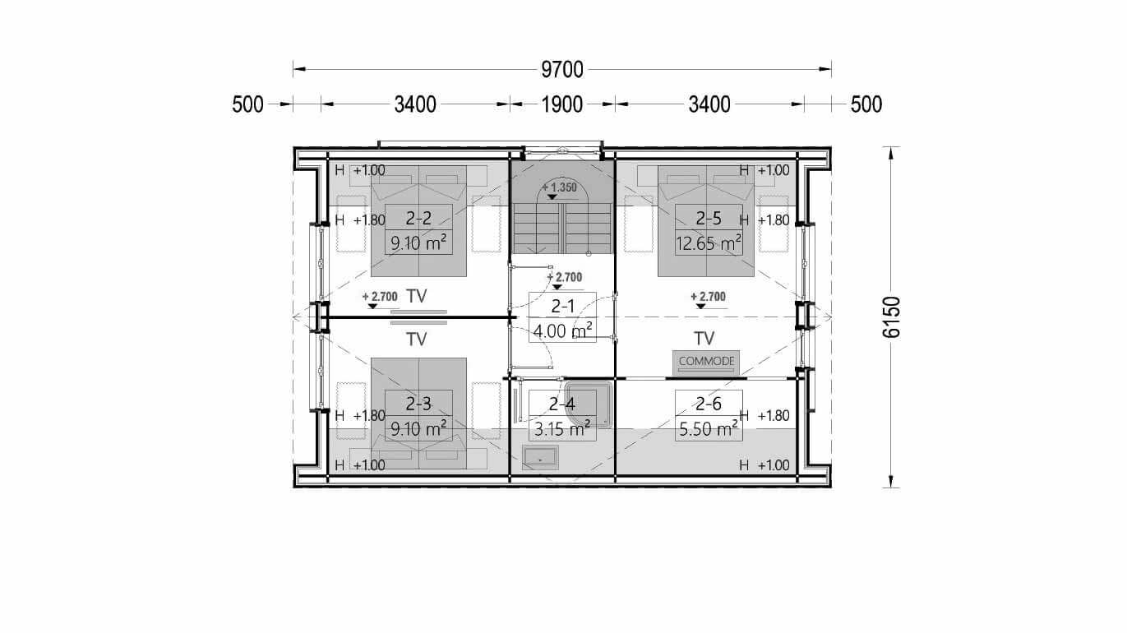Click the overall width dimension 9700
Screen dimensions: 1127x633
(562, 70)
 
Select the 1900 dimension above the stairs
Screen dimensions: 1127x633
(562, 104)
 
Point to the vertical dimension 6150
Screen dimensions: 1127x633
(891, 317)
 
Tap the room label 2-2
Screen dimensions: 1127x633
(418, 219)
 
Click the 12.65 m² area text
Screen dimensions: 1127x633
(709, 243)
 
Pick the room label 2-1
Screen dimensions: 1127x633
(562, 306)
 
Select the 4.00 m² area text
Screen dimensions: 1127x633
(562, 331)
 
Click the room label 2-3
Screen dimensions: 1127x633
(418, 404)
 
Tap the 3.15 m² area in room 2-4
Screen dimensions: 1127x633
(562, 429)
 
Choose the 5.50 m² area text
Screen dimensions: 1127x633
(709, 429)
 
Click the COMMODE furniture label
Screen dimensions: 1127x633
(706, 361)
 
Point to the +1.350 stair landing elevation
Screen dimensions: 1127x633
(559, 187)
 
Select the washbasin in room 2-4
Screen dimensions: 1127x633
(540, 457)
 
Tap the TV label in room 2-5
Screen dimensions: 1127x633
(704, 339)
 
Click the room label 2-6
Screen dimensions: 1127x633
(709, 404)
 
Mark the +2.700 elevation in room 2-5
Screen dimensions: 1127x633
(708, 297)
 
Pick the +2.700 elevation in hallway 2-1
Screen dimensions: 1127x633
(565, 277)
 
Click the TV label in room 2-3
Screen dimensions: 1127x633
(417, 340)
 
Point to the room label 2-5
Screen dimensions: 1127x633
(709, 219)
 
